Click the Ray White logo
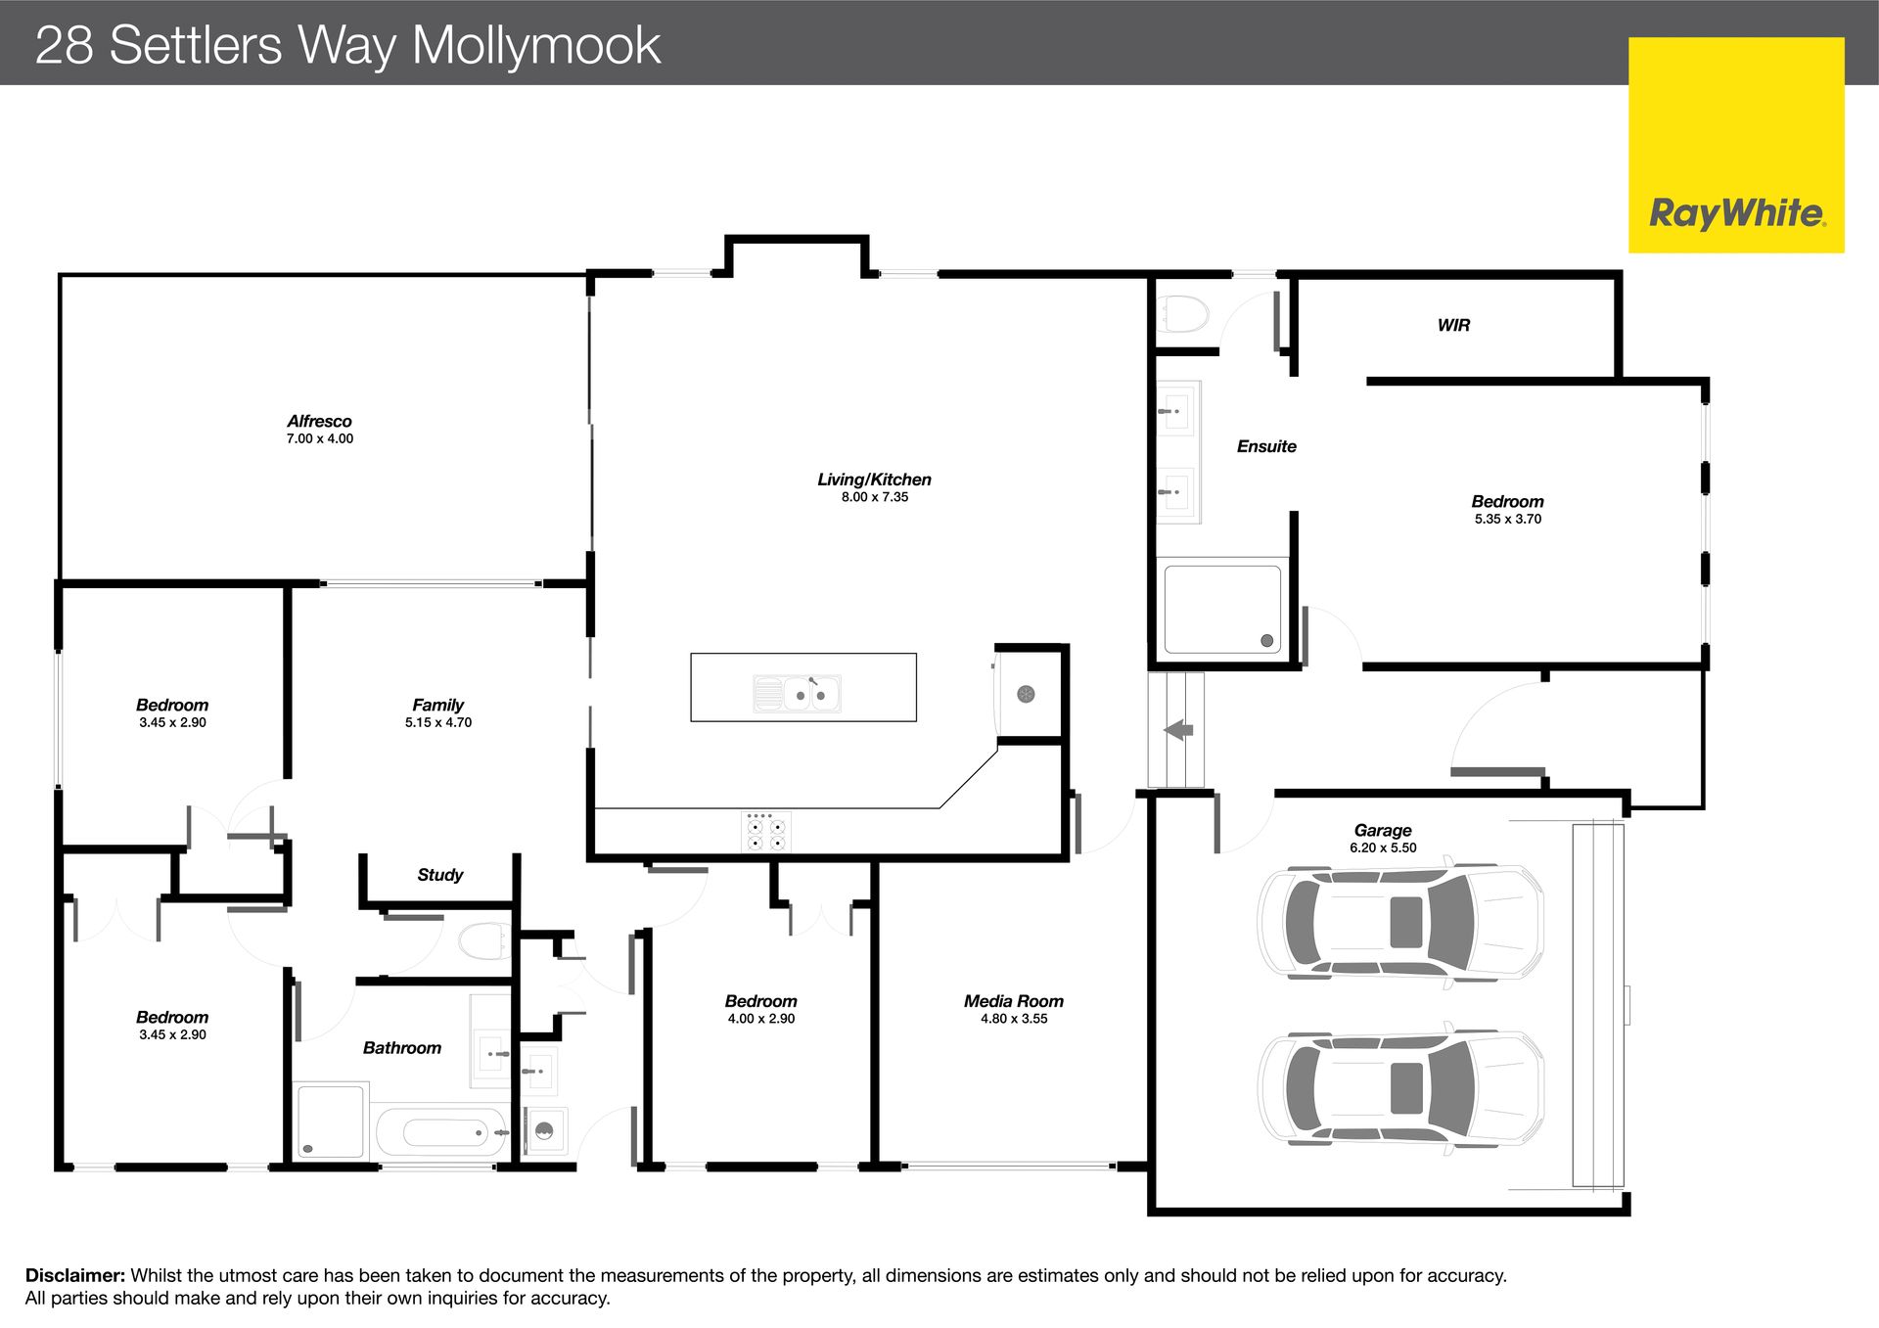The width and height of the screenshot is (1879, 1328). pyautogui.click(x=1736, y=145)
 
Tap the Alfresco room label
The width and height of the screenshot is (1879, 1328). pyautogui.click(x=319, y=422)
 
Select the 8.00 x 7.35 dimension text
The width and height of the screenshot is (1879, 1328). pyautogui.click(x=875, y=497)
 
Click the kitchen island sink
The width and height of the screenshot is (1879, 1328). pyautogui.click(x=798, y=693)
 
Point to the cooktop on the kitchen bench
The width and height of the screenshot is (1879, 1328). pyautogui.click(x=766, y=832)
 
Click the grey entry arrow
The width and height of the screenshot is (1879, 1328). pyautogui.click(x=1178, y=729)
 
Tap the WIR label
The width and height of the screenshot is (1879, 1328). pyautogui.click(x=1453, y=325)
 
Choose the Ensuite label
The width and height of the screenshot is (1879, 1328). pyautogui.click(x=1266, y=446)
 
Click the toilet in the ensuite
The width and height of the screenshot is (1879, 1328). pyautogui.click(x=1183, y=315)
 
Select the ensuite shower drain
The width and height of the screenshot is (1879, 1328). pyautogui.click(x=1267, y=641)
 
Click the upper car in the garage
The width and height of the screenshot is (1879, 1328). pyautogui.click(x=1400, y=922)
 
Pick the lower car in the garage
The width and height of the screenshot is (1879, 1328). pyautogui.click(x=1400, y=1088)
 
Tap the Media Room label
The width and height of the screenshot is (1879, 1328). pyautogui.click(x=1013, y=1001)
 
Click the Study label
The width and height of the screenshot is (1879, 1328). pyautogui.click(x=439, y=875)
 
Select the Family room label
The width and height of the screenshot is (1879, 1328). pyautogui.click(x=437, y=705)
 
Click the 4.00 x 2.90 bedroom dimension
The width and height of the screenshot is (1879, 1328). pyautogui.click(x=760, y=1019)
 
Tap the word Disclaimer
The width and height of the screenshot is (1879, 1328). pyautogui.click(x=75, y=1275)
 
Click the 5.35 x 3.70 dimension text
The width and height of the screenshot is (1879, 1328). pyautogui.click(x=1507, y=519)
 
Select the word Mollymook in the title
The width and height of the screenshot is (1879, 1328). pyautogui.click(x=536, y=46)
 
